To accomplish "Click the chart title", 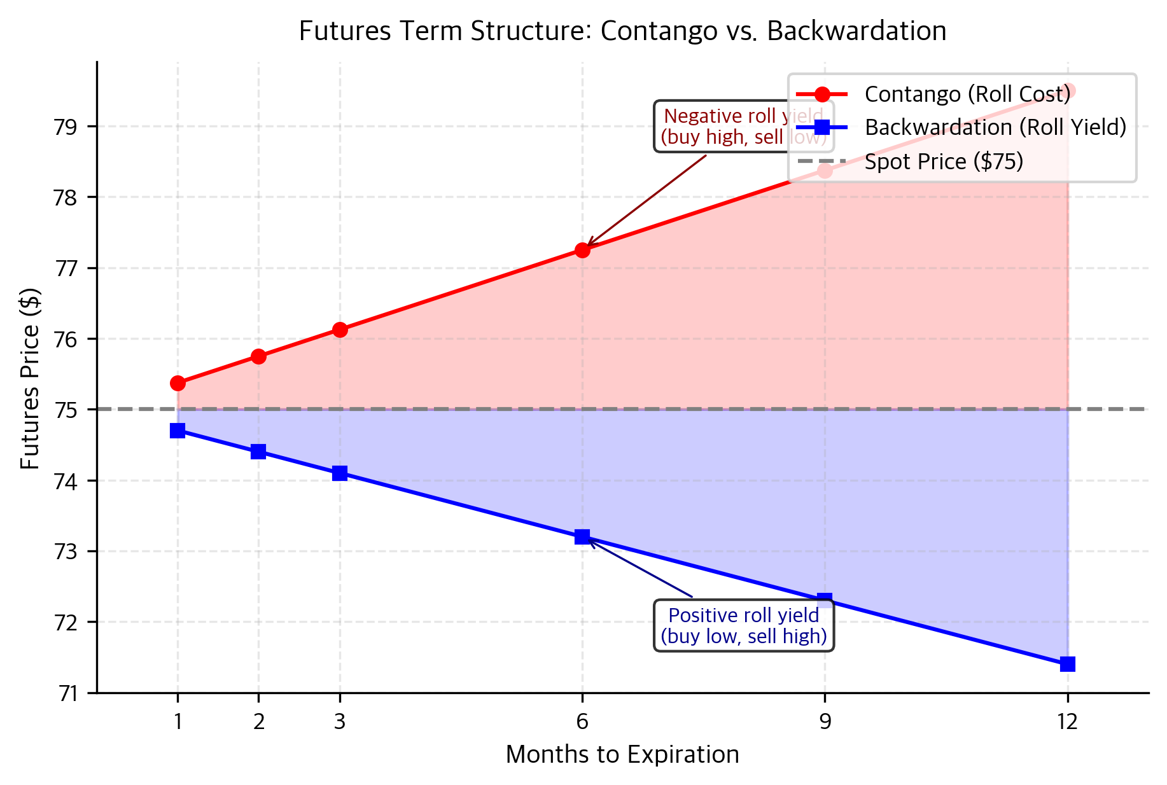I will tap(622, 31).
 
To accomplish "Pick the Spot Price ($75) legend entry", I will tap(944, 162).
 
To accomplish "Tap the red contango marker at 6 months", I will tap(582, 250).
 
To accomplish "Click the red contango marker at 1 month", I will tap(178, 383).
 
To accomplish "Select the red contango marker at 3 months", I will tap(340, 330).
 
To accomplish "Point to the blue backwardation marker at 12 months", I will tap(1068, 664).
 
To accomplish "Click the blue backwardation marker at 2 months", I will tap(258, 452).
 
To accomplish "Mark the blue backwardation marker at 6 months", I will tap(582, 537).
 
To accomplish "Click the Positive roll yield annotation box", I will tap(744, 625).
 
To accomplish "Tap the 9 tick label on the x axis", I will tap(825, 721).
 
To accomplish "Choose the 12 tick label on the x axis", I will tap(1067, 721).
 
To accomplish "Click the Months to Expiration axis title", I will tap(622, 754).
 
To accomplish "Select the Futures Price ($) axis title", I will tap(30, 379).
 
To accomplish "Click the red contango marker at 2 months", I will tap(258, 356).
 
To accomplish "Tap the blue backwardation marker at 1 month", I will tap(178, 431).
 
